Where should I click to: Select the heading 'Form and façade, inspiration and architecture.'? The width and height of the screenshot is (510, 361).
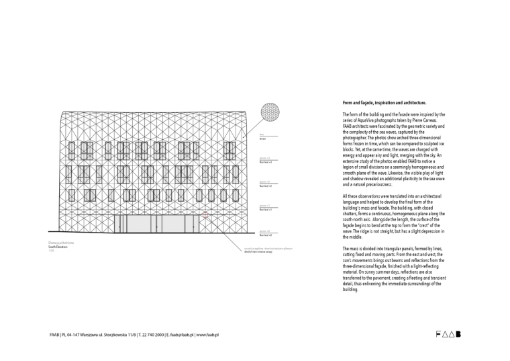pyautogui.click(x=384, y=103)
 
